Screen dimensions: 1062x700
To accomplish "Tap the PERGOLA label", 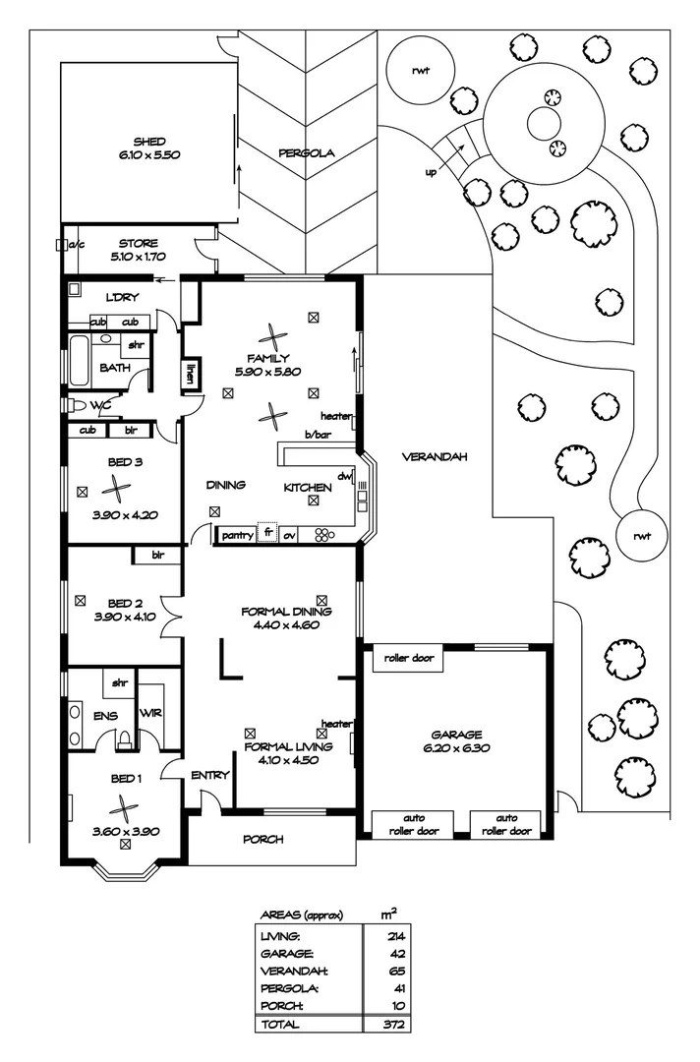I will [307, 152].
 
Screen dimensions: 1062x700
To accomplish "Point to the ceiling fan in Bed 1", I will [124, 809].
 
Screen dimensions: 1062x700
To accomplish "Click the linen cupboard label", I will [191, 373].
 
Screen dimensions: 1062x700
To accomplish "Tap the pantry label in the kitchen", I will [237, 535].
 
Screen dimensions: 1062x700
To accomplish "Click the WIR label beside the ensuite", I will [149, 713].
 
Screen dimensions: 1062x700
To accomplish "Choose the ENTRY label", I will [209, 775].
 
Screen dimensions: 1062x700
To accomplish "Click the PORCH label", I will [263, 839].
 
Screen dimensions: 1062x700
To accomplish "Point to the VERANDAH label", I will [433, 457].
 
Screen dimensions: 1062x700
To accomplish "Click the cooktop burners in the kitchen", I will [323, 535].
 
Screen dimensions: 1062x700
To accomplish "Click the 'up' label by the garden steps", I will [431, 173].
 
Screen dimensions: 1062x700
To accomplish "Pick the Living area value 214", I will [397, 934].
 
